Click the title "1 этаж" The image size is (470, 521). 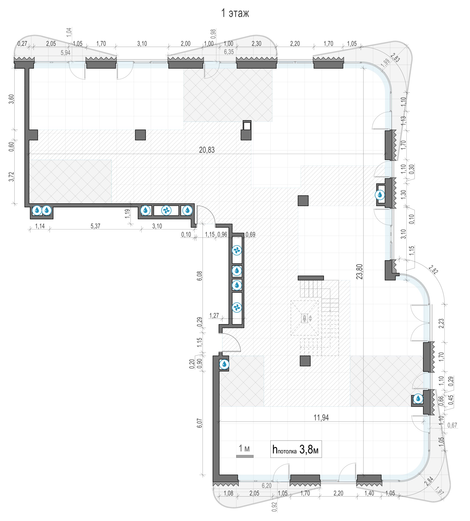[235, 13]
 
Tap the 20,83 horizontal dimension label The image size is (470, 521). [207, 150]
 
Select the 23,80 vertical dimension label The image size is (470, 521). [359, 272]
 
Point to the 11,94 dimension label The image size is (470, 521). [321, 417]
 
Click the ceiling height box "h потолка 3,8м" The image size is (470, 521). [296, 449]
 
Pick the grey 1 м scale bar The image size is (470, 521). [245, 456]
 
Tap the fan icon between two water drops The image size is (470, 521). [166, 210]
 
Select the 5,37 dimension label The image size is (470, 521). [95, 226]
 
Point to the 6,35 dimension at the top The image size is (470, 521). [229, 52]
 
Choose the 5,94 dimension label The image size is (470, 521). [65, 53]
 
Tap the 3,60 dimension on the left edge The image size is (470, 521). [11, 99]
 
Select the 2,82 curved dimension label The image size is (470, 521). [433, 270]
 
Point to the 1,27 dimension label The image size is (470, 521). [214, 316]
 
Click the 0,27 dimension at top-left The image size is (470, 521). [23, 44]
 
